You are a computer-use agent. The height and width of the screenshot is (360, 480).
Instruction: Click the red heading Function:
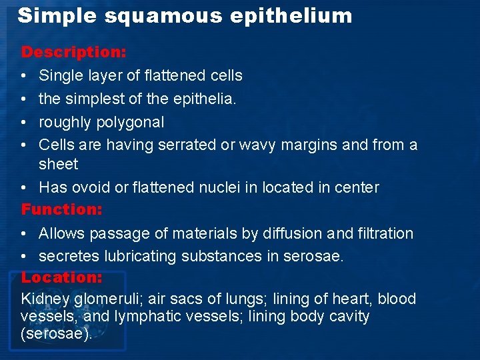click(x=62, y=209)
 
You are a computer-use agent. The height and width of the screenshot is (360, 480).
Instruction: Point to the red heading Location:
click(x=62, y=277)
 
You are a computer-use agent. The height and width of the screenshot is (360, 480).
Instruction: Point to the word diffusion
click(x=290, y=233)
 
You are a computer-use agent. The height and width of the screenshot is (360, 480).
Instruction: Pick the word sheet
click(x=59, y=164)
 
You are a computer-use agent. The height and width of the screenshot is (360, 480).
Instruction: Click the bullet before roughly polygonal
click(x=25, y=122)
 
